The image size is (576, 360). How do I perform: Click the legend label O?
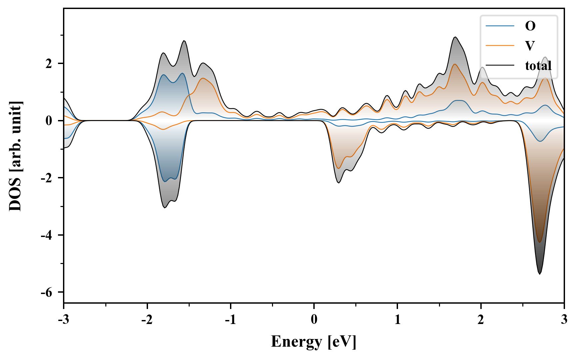pos(530,26)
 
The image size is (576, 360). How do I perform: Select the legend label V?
pos(530,46)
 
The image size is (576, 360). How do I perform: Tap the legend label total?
pos(538,66)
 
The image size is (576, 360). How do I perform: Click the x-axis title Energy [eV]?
pos(314,342)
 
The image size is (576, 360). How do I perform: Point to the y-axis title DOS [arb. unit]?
pos(15,156)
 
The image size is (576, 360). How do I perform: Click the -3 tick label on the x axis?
pos(64,320)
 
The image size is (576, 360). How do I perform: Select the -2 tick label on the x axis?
pos(147,320)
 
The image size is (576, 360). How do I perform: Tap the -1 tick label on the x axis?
pos(230,320)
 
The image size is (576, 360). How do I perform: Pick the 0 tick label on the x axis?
pos(314,320)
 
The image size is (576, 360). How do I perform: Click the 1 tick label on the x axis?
pos(397,320)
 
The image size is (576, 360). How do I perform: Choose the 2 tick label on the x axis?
pos(481,320)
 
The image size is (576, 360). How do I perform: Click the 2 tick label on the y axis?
pos(49,64)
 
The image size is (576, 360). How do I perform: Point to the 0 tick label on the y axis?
pos(49,121)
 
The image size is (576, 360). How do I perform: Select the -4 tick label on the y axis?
pos(47,235)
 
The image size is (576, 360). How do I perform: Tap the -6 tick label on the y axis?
pos(47,292)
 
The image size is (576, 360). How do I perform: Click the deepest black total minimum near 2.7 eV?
pos(540,274)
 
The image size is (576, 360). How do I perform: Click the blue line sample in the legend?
pos(500,26)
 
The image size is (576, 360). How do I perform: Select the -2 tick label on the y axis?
pos(47,178)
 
